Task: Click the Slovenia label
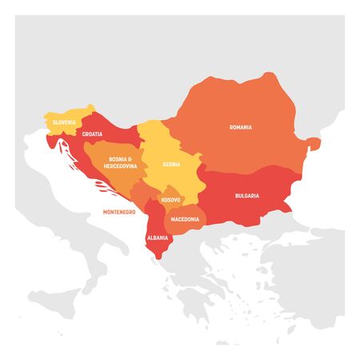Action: (x=65, y=122)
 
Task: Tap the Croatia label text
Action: (x=92, y=134)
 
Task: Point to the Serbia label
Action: (x=171, y=164)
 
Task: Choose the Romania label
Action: (x=241, y=126)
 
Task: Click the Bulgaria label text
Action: (x=246, y=195)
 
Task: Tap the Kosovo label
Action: (x=170, y=199)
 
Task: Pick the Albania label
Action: (x=157, y=238)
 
